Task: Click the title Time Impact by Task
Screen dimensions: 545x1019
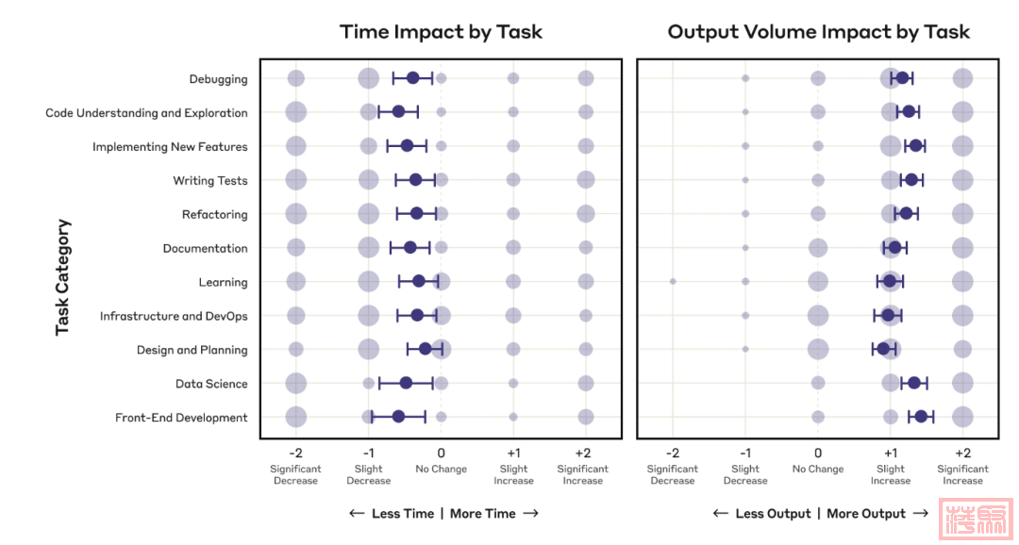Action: [441, 32]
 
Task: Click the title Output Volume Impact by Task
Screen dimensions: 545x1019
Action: [818, 32]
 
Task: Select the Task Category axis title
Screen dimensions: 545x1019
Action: [63, 277]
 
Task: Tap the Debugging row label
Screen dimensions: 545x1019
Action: [218, 79]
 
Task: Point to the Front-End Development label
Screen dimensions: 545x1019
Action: [181, 418]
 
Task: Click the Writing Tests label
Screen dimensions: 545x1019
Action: [210, 181]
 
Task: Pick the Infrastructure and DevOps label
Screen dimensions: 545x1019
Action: [174, 317]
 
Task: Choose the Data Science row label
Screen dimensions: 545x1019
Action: [211, 385]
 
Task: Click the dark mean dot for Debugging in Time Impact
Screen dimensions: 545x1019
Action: [412, 77]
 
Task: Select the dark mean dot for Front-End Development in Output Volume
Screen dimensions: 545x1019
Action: [920, 416]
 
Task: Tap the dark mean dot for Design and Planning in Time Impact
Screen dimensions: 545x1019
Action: [425, 349]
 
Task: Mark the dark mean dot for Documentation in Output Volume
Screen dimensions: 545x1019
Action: [894, 247]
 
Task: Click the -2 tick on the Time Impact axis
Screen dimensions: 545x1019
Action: [295, 453]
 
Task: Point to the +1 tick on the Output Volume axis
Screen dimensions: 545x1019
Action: [890, 453]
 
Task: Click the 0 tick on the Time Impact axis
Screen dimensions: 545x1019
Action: [441, 453]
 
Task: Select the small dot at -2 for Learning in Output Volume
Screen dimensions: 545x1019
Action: [673, 281]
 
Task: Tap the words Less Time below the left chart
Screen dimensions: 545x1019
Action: [403, 514]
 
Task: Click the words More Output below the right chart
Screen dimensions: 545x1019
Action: [866, 514]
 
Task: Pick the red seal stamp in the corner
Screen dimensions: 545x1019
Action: [977, 519]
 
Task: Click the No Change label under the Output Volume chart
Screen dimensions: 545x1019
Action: [818, 470]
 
